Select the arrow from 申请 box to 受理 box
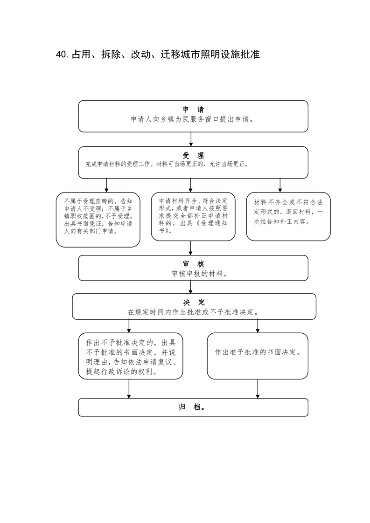point(191,139)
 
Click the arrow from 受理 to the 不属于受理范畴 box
point(107,185)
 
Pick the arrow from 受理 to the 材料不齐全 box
point(280,185)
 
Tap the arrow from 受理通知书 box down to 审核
point(191,248)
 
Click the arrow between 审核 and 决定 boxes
point(191,287)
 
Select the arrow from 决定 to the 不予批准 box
point(129,326)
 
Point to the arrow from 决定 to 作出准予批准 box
point(258,326)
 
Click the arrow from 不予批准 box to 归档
point(129,389)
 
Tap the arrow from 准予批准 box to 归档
point(258,389)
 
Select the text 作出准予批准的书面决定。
point(258,352)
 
